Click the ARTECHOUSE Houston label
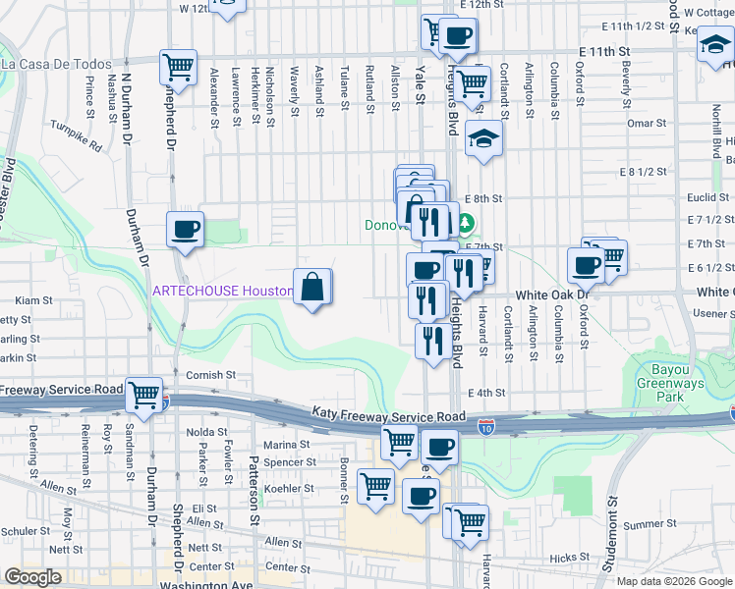[x=223, y=292]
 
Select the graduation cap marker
[x=483, y=140]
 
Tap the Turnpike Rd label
[x=78, y=135]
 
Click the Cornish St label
[x=211, y=375]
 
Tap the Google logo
[x=32, y=577]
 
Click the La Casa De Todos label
[x=57, y=64]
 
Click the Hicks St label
[x=569, y=558]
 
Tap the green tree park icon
[x=467, y=225]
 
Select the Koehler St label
[x=289, y=488]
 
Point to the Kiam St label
[x=33, y=299]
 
